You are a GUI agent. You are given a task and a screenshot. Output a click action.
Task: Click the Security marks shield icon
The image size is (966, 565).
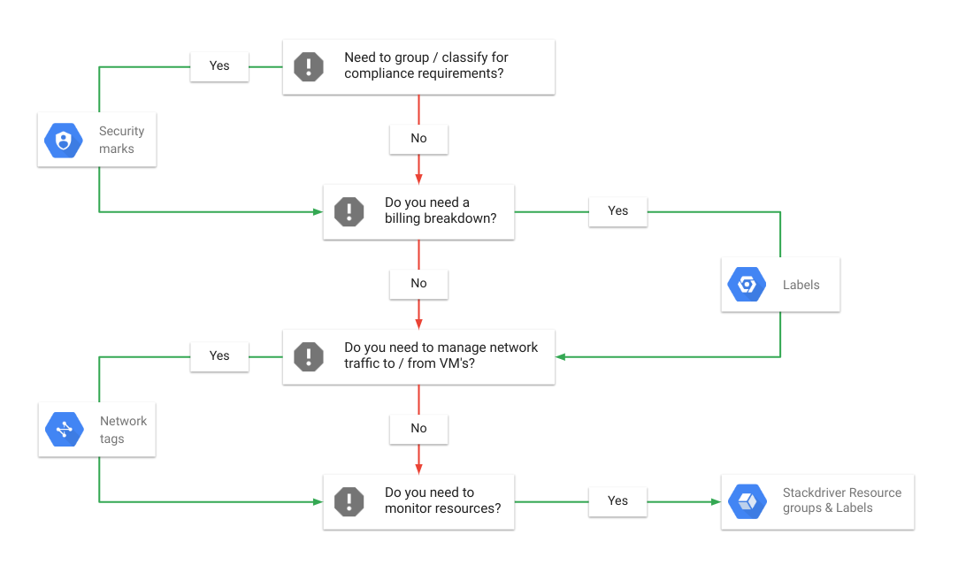(x=63, y=140)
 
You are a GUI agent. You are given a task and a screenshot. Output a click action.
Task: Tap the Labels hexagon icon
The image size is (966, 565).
(x=746, y=285)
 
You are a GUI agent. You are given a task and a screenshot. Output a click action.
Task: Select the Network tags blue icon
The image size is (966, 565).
(x=64, y=430)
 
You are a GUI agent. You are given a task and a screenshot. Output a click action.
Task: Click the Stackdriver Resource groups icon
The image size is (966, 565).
(x=747, y=501)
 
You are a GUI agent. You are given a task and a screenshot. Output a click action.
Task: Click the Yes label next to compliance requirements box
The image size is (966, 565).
(x=219, y=65)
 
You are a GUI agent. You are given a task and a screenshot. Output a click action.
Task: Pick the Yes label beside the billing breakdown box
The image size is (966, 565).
(x=617, y=210)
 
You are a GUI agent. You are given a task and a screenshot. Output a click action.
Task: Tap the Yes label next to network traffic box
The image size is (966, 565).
(x=219, y=355)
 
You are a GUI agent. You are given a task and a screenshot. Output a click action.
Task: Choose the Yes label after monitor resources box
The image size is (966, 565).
(x=617, y=500)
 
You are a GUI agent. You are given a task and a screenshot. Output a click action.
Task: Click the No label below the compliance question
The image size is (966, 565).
(x=418, y=138)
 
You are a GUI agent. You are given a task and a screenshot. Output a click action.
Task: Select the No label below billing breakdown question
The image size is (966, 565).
(x=418, y=283)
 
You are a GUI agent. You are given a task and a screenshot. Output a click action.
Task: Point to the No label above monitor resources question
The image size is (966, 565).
(x=418, y=428)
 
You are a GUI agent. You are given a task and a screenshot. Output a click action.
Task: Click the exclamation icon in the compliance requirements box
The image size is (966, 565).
(x=309, y=66)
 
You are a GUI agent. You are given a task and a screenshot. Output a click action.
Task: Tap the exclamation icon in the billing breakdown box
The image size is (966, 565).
(x=349, y=211)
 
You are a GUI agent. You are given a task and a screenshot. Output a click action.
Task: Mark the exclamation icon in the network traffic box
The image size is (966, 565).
(x=309, y=356)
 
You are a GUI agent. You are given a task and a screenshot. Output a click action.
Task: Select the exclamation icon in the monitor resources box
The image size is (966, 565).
(x=349, y=501)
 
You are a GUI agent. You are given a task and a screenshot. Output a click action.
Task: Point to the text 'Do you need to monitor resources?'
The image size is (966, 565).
(x=442, y=500)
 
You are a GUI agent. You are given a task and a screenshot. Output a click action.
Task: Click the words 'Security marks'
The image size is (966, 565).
(x=121, y=140)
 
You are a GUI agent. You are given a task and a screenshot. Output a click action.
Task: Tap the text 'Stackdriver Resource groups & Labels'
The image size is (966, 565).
(x=841, y=500)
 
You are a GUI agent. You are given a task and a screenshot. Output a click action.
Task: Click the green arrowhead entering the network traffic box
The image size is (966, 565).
(x=561, y=356)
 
